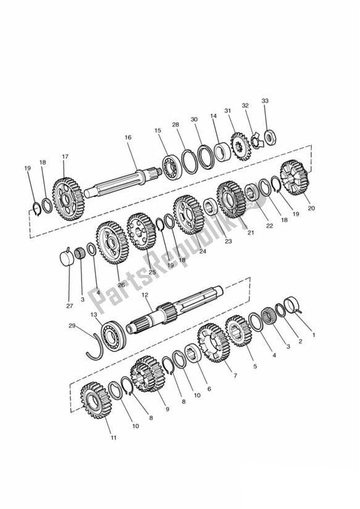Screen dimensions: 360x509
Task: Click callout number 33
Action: (265, 101)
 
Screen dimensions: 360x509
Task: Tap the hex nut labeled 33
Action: (270, 137)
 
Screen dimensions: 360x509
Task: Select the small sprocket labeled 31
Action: (241, 146)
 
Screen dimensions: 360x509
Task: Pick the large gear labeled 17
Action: (68, 199)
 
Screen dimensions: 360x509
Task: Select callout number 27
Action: (69, 306)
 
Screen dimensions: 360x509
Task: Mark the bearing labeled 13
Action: (113, 336)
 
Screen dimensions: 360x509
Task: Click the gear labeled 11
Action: (96, 400)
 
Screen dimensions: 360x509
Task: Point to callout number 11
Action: (113, 437)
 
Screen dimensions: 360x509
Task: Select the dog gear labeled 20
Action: (294, 177)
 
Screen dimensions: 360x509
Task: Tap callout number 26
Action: (122, 285)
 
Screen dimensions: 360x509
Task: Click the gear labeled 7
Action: (213, 342)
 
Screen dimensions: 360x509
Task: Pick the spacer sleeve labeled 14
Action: (222, 151)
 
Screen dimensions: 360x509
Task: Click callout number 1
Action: (314, 335)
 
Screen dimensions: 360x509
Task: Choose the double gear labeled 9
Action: (148, 373)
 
